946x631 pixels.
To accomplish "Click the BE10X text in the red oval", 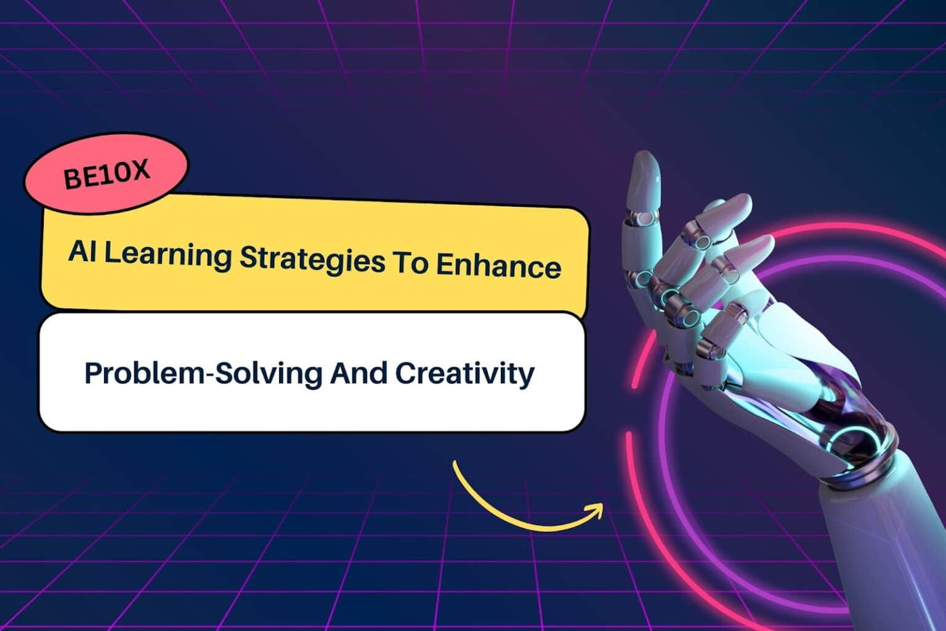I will tap(107, 174).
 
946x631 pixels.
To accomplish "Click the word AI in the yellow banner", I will tap(81, 251).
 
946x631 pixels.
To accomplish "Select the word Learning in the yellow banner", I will tap(168, 255).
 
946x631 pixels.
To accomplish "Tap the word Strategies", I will tap(312, 260).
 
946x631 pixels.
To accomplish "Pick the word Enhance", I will tap(499, 267).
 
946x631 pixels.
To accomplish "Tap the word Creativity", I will tap(465, 374).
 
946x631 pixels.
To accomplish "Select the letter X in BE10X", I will tap(140, 169).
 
